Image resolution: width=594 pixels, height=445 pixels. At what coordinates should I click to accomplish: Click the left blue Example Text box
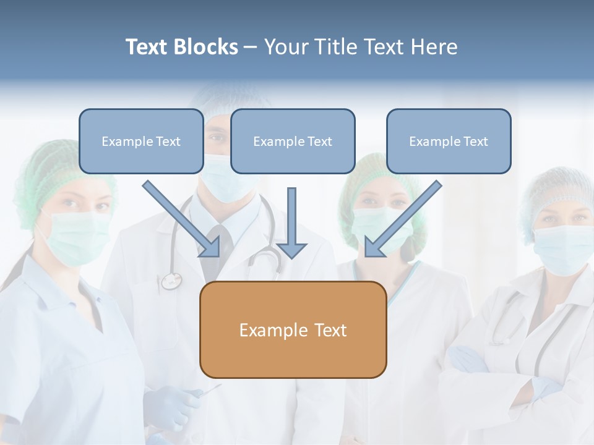141,141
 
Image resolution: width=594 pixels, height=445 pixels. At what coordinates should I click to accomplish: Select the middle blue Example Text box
293,141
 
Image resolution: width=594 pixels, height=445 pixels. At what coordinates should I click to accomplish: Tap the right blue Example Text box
449,141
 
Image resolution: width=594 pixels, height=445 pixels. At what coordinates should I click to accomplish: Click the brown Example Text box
293,329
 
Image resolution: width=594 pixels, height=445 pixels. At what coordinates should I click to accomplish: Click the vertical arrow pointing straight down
291,222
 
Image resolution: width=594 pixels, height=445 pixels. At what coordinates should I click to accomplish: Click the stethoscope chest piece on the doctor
171,281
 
